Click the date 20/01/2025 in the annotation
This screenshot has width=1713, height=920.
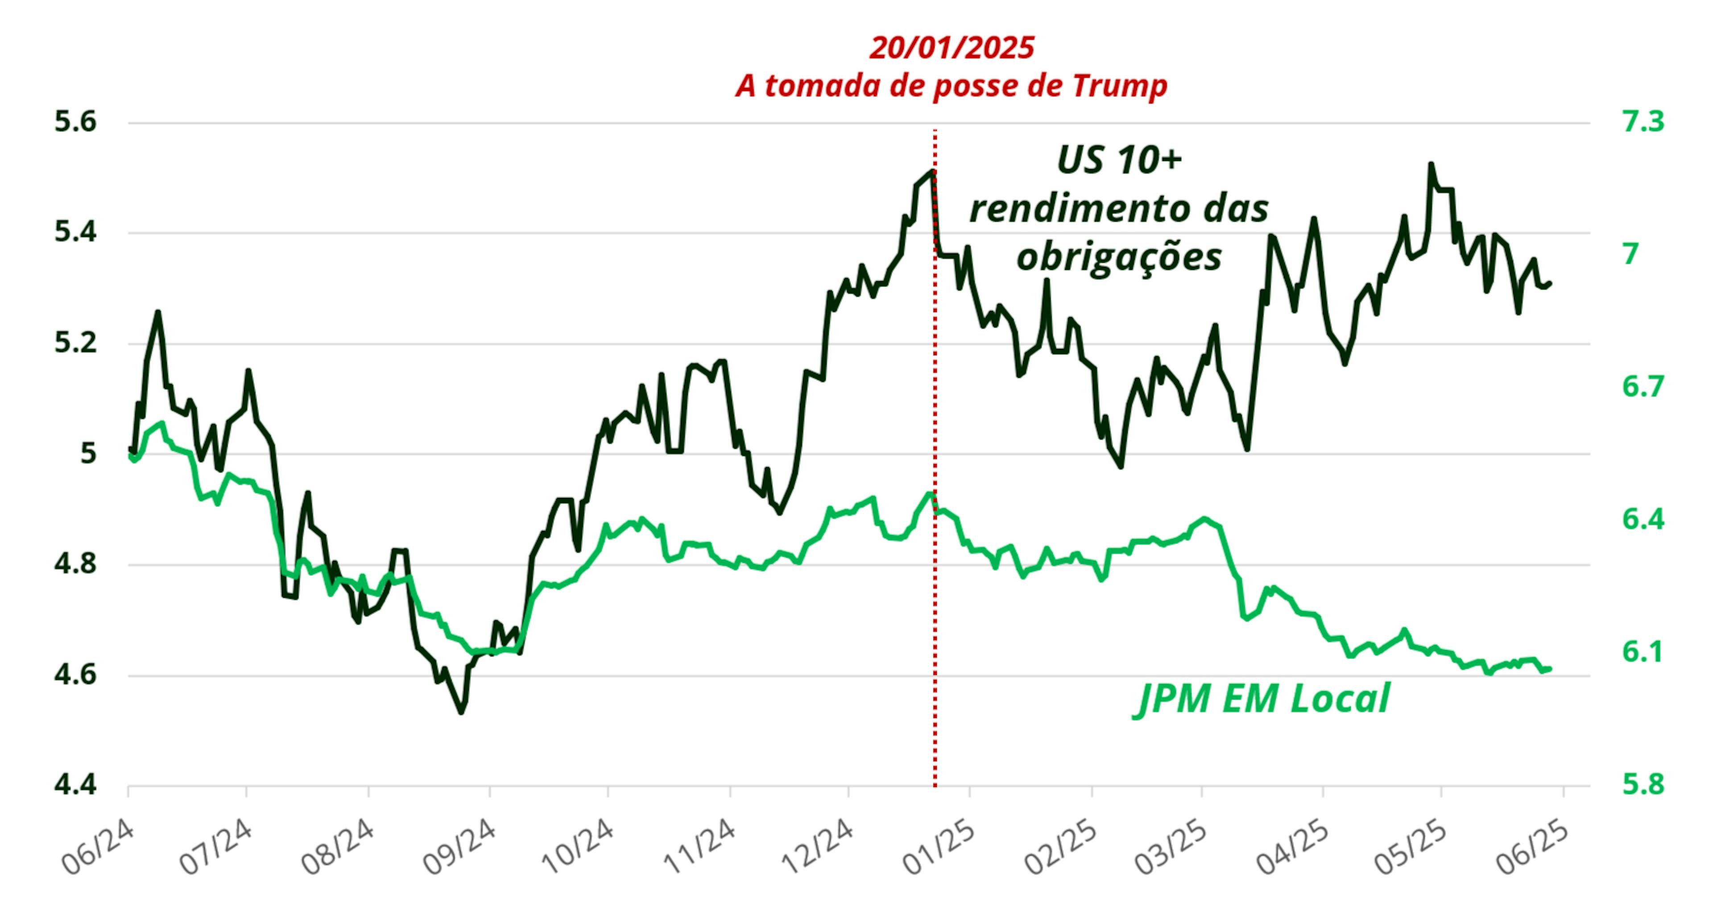click(952, 48)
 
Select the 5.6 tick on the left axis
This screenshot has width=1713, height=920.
click(75, 122)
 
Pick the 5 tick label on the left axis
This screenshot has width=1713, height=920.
click(88, 454)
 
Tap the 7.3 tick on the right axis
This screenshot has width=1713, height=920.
click(1643, 122)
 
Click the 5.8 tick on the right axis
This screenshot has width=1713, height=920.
click(1643, 784)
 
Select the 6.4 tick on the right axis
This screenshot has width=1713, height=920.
click(1643, 519)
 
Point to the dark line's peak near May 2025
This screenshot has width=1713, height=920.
click(1430, 164)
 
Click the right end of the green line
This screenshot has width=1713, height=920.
click(1550, 668)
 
